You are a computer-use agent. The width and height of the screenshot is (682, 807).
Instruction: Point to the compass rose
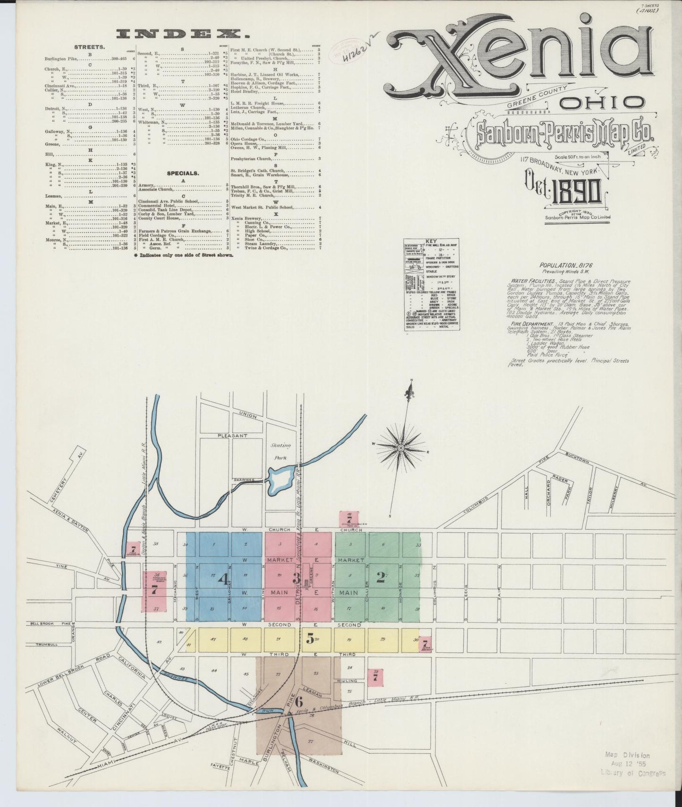[x=400, y=446]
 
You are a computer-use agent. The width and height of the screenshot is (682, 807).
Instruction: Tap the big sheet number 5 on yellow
[x=310, y=639]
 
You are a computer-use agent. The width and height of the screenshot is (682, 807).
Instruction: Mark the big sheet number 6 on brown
[x=298, y=702]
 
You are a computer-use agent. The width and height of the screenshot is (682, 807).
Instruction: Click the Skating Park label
[x=280, y=452]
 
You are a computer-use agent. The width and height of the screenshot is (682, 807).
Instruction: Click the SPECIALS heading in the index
[x=183, y=173]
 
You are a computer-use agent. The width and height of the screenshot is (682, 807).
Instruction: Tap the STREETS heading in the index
[x=89, y=48]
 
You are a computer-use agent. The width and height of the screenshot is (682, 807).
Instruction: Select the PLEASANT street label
[x=232, y=436]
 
